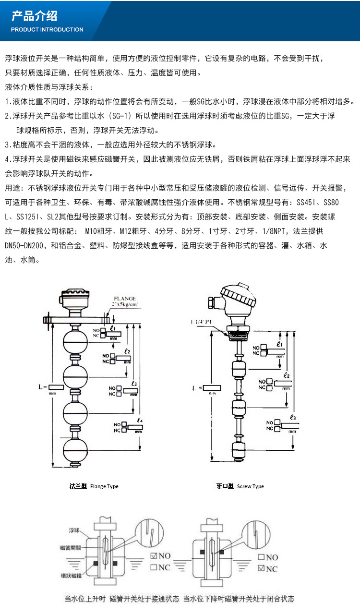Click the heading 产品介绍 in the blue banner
click(34, 16)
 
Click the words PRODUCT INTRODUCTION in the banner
click(47, 30)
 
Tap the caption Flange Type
click(94, 486)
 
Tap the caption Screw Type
click(240, 486)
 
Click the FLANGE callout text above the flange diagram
click(124, 299)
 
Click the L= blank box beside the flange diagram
click(56, 386)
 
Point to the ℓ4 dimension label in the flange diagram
click(139, 421)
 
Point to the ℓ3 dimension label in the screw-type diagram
click(292, 417)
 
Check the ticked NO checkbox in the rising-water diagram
click(154, 556)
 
